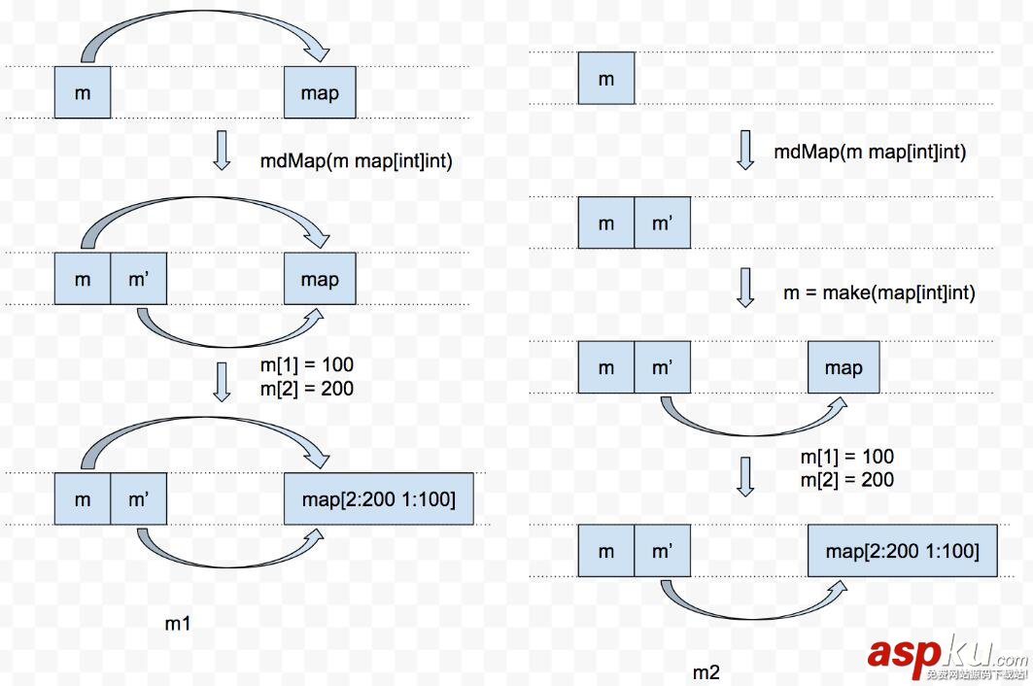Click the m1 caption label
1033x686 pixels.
pos(177,623)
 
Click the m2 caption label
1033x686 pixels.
pos(706,672)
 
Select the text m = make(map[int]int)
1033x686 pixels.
pos(878,292)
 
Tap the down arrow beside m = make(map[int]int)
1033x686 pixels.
pos(745,289)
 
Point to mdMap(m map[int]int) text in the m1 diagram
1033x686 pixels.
pos(356,160)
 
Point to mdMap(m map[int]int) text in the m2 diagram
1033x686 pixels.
pos(870,152)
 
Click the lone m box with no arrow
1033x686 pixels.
pos(605,79)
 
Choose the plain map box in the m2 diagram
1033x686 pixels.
pos(843,367)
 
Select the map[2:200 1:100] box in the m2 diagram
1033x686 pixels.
pos(902,551)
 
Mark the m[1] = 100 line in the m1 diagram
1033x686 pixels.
pos(306,365)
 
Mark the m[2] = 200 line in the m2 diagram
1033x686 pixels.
pos(846,479)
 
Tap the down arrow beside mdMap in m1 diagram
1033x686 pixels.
pos(222,152)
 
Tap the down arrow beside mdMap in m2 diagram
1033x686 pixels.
pos(745,150)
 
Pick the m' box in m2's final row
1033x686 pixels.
pos(662,551)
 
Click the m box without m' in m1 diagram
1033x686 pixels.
pos(82,93)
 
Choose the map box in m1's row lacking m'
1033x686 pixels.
pos(320,93)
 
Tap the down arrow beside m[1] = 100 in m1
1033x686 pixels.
pos(222,380)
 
